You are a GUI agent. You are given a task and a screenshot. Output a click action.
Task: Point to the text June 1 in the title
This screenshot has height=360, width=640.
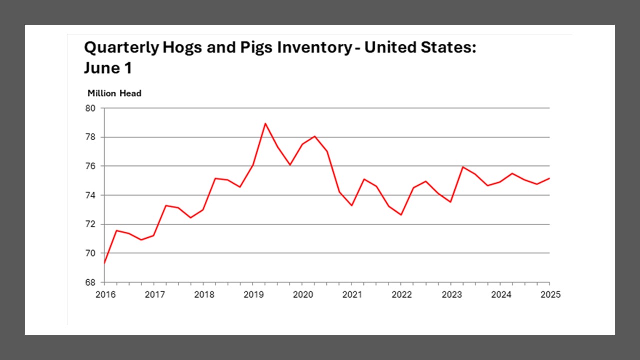point(108,68)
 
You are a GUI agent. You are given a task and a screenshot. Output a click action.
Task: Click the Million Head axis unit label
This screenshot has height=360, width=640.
point(114,93)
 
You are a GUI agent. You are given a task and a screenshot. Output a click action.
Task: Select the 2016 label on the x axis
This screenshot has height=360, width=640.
point(105,294)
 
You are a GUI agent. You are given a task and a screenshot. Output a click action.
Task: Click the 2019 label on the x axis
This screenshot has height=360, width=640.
point(253,294)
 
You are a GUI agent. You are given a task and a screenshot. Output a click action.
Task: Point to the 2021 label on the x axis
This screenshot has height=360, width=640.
point(352,294)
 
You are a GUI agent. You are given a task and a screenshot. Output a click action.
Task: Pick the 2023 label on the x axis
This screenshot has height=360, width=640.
point(451,294)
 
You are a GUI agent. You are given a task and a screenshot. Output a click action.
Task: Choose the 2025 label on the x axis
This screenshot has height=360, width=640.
point(550,294)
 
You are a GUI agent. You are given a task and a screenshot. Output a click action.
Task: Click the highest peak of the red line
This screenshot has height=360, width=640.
point(265,123)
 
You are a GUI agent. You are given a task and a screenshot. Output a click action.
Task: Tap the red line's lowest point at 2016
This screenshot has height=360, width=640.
point(105,263)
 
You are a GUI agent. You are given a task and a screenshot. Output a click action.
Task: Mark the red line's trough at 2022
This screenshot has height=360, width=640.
point(401,215)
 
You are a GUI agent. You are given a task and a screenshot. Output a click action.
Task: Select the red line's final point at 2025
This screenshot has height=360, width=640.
point(550,178)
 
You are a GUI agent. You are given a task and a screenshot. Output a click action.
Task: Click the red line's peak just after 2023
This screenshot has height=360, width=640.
point(463,167)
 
